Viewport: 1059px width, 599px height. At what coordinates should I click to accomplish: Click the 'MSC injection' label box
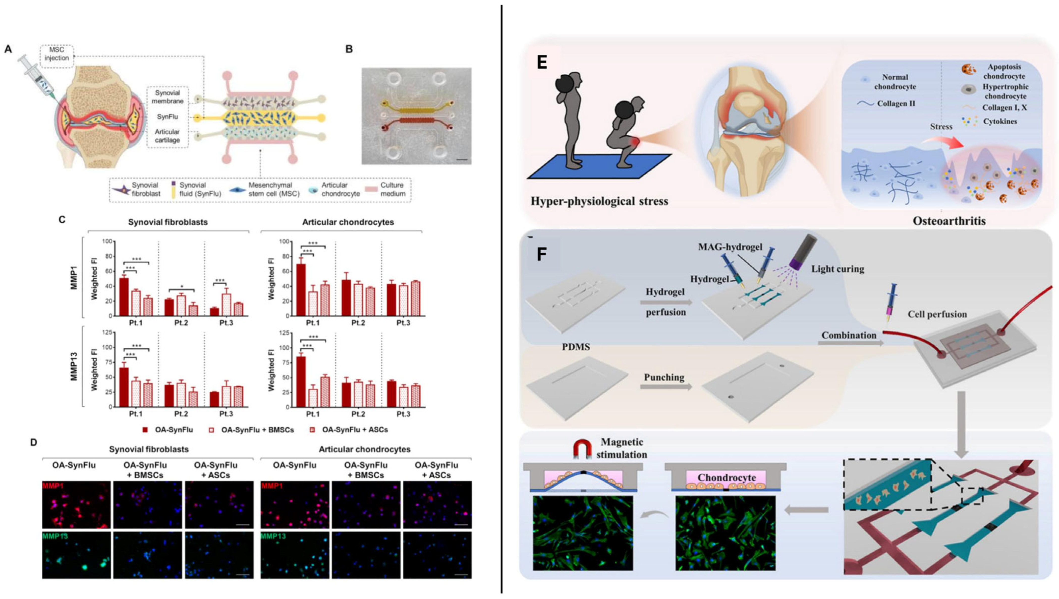[x=57, y=54]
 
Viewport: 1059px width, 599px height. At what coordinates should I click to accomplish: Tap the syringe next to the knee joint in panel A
[x=36, y=78]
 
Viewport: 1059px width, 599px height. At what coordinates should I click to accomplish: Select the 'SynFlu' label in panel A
[x=167, y=117]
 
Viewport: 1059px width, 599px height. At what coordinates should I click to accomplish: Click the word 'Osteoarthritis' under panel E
[x=949, y=221]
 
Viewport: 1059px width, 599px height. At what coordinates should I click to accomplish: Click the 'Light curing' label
[x=838, y=269]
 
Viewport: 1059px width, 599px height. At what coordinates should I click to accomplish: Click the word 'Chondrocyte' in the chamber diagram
[x=727, y=478]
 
